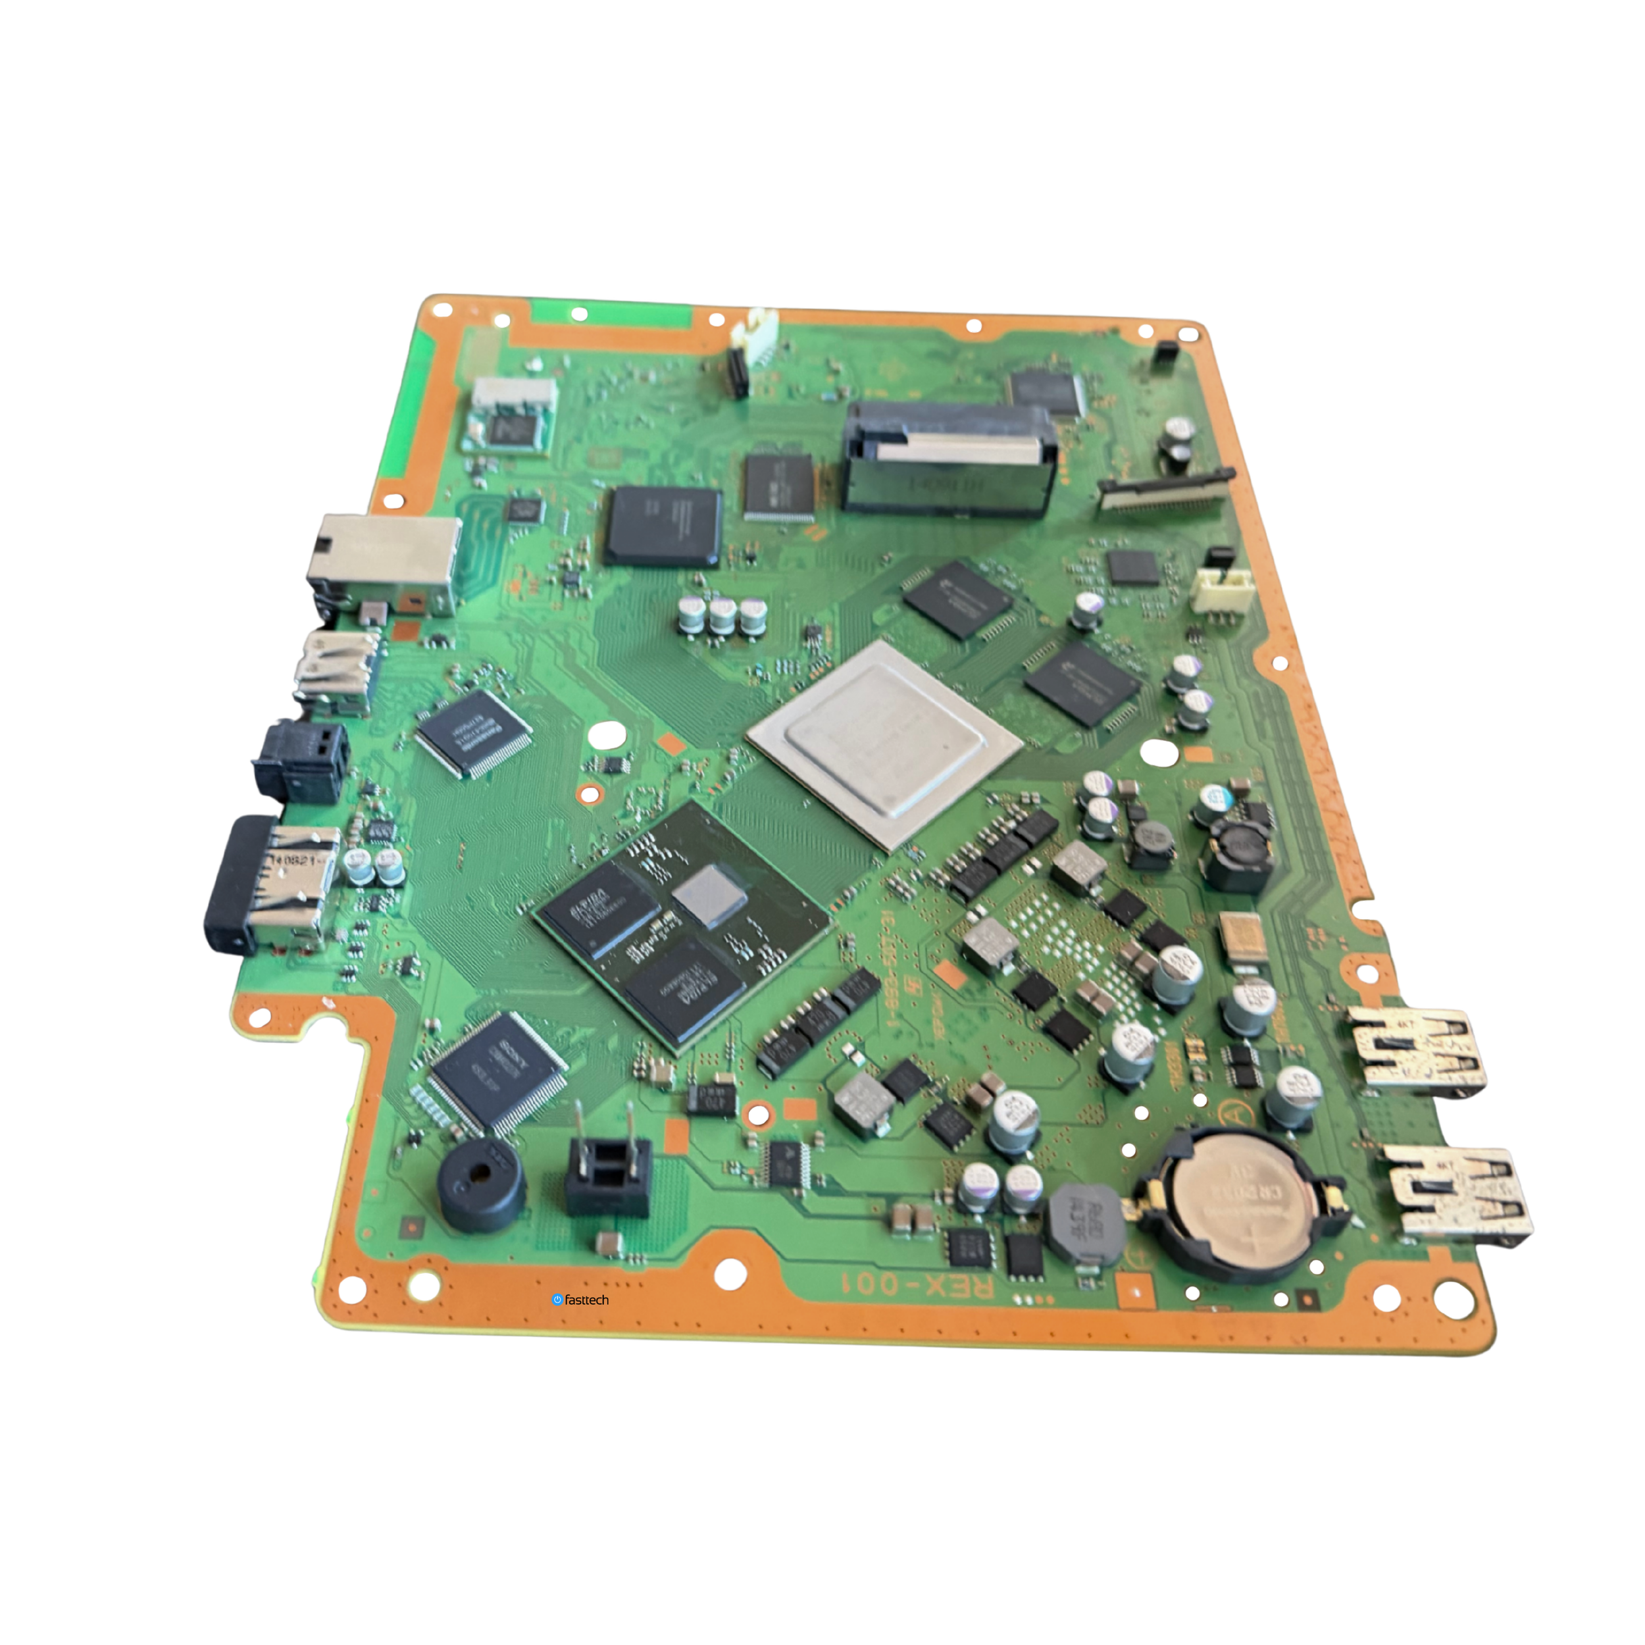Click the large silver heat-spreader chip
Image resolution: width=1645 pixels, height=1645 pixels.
point(884,742)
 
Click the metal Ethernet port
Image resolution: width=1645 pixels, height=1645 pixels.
point(383,563)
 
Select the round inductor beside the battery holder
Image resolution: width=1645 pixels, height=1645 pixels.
point(1086,1220)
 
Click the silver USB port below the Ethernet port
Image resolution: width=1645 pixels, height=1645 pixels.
point(336,672)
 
